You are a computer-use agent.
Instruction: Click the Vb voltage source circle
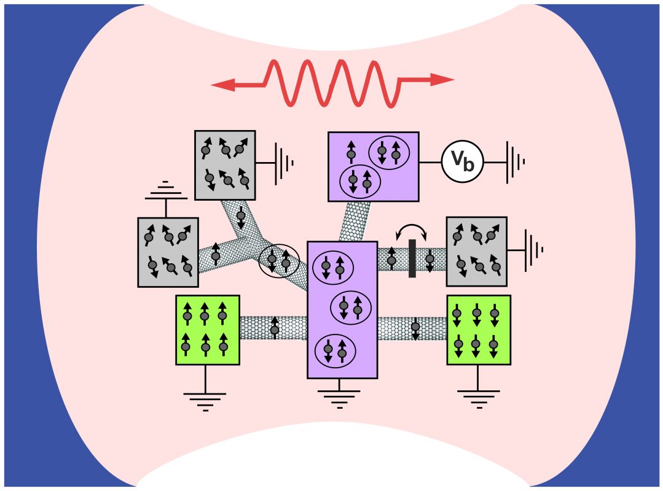point(462,162)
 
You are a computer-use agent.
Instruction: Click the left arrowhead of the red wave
point(221,85)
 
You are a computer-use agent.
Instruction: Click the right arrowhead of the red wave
point(442,79)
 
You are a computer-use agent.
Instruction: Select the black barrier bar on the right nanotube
point(412,258)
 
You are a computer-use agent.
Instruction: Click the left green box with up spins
point(207,330)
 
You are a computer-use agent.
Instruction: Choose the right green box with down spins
point(479,330)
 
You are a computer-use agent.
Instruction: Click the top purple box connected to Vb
point(373,166)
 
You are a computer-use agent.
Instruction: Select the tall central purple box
point(342,309)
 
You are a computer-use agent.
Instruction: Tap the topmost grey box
point(224,164)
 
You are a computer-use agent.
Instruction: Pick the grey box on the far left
point(168,252)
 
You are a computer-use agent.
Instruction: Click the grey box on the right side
point(476,251)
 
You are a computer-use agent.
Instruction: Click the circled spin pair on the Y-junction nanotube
point(279,260)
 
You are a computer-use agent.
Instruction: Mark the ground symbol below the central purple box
point(342,396)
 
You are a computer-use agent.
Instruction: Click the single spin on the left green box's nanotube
point(275,327)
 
